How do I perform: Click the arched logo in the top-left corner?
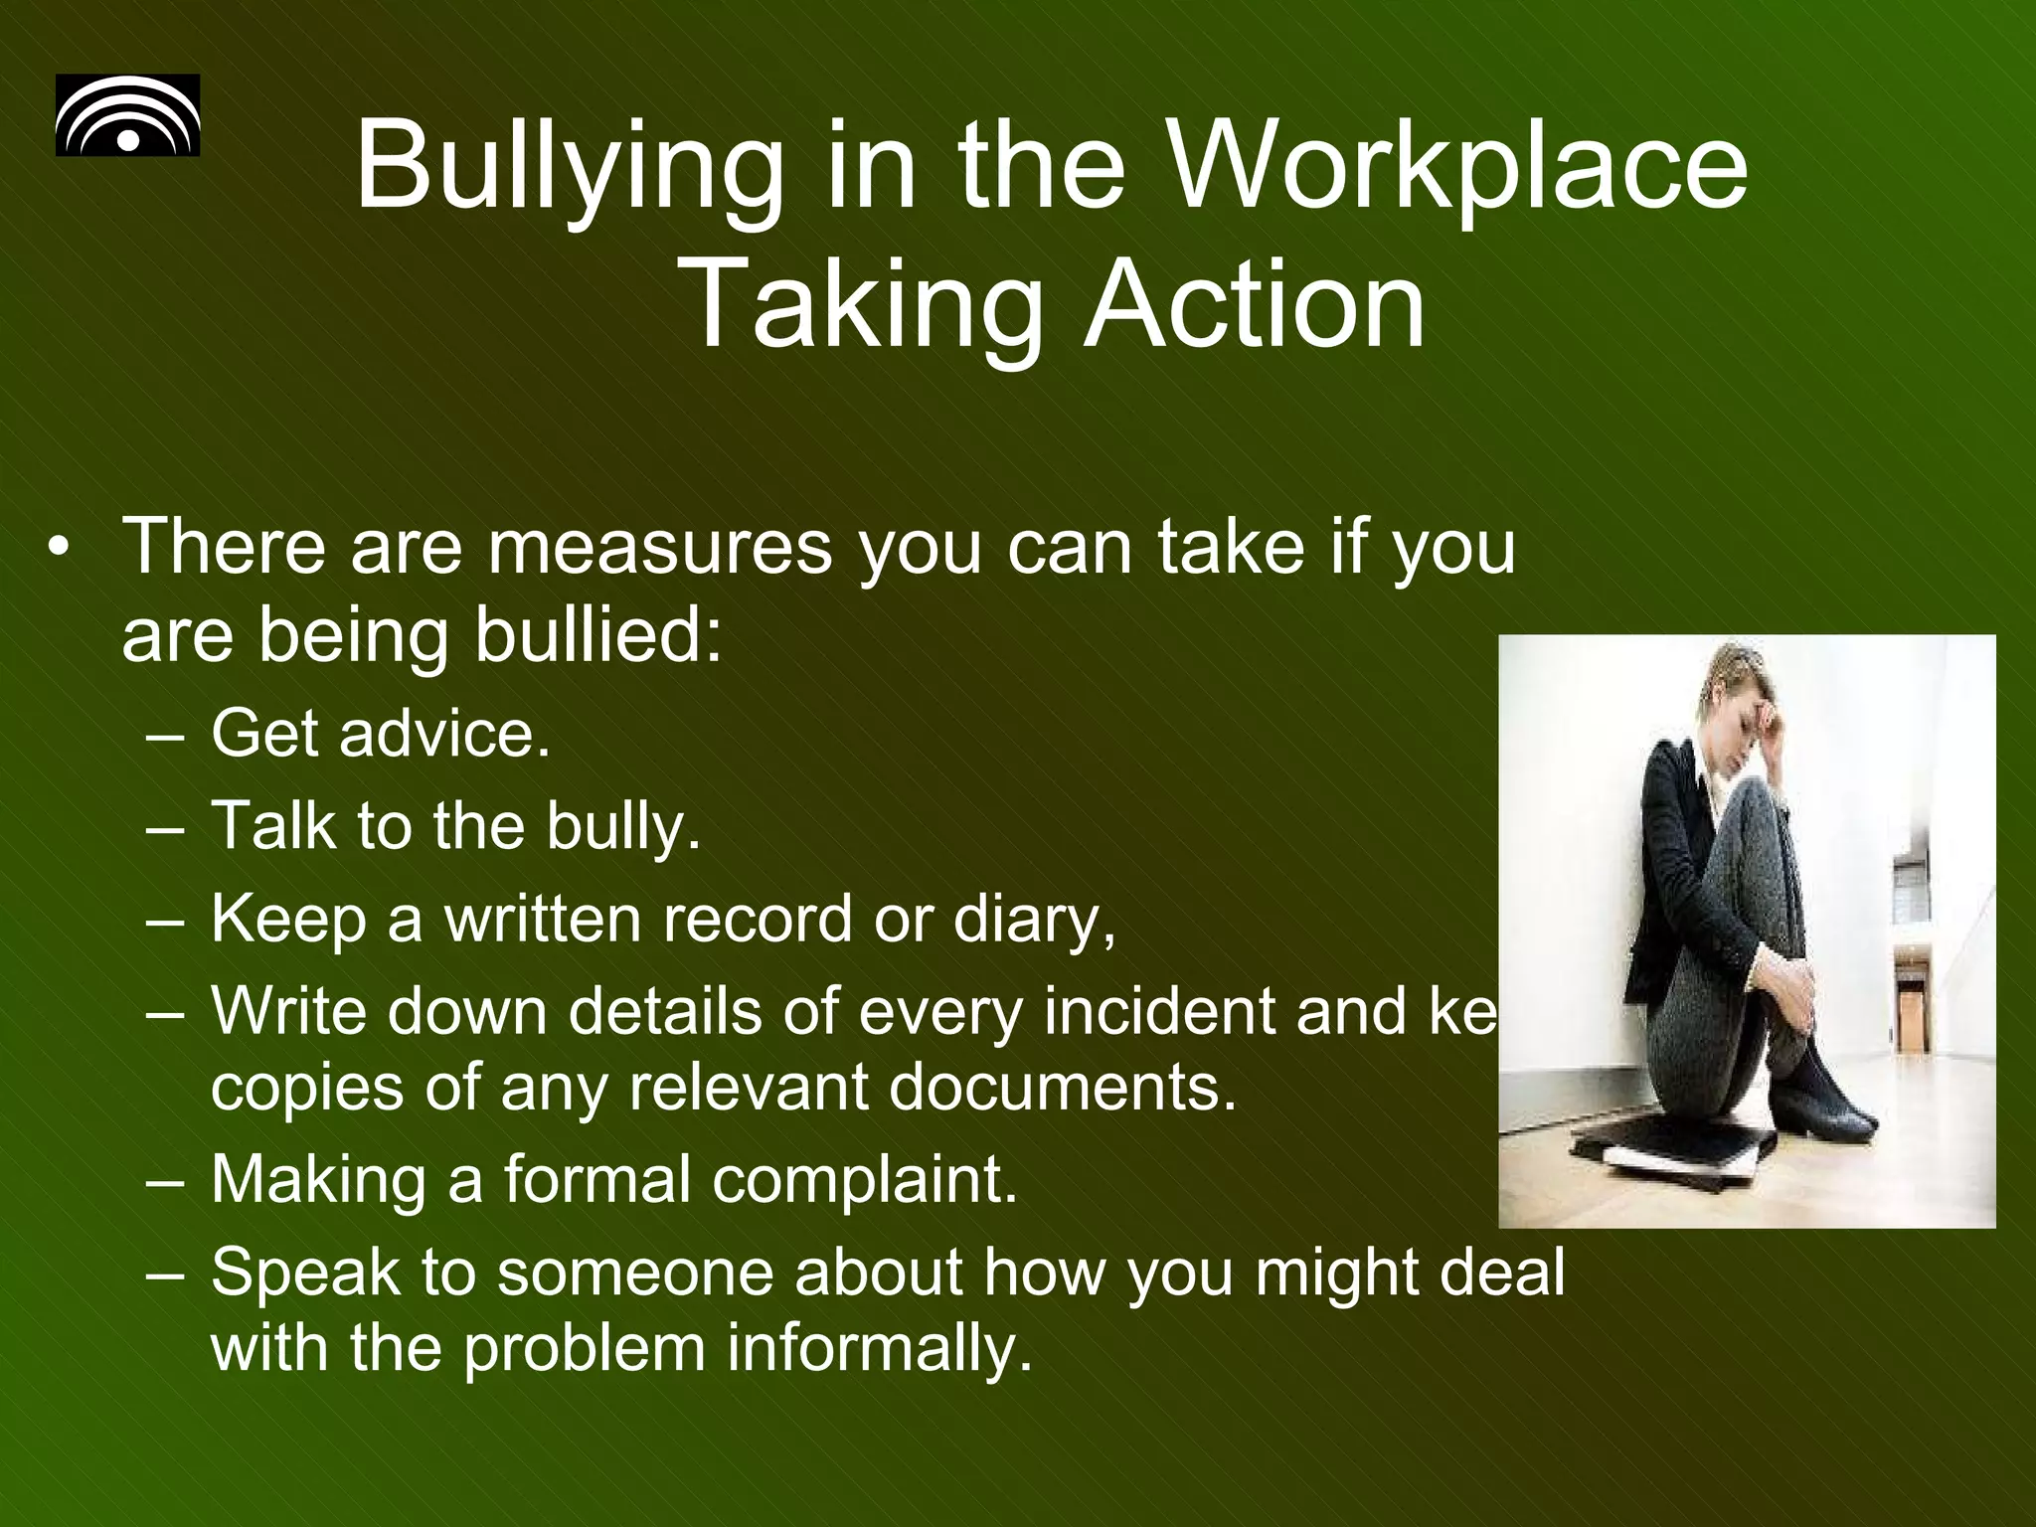click(x=127, y=115)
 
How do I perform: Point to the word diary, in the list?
click(x=1034, y=921)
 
